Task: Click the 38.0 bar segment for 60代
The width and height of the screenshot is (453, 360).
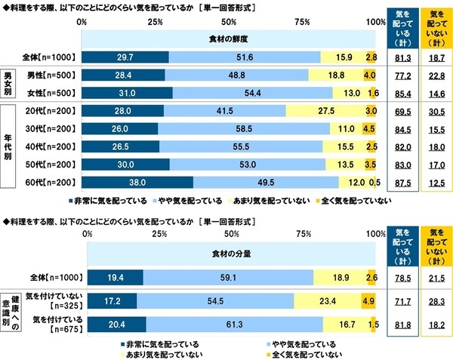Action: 137,182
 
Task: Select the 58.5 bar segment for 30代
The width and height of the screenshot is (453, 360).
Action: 245,128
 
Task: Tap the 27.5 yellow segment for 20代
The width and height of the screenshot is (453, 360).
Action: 326,110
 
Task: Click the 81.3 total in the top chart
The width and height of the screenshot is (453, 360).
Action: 399,56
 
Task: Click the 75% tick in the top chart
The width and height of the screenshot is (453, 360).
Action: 303,23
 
